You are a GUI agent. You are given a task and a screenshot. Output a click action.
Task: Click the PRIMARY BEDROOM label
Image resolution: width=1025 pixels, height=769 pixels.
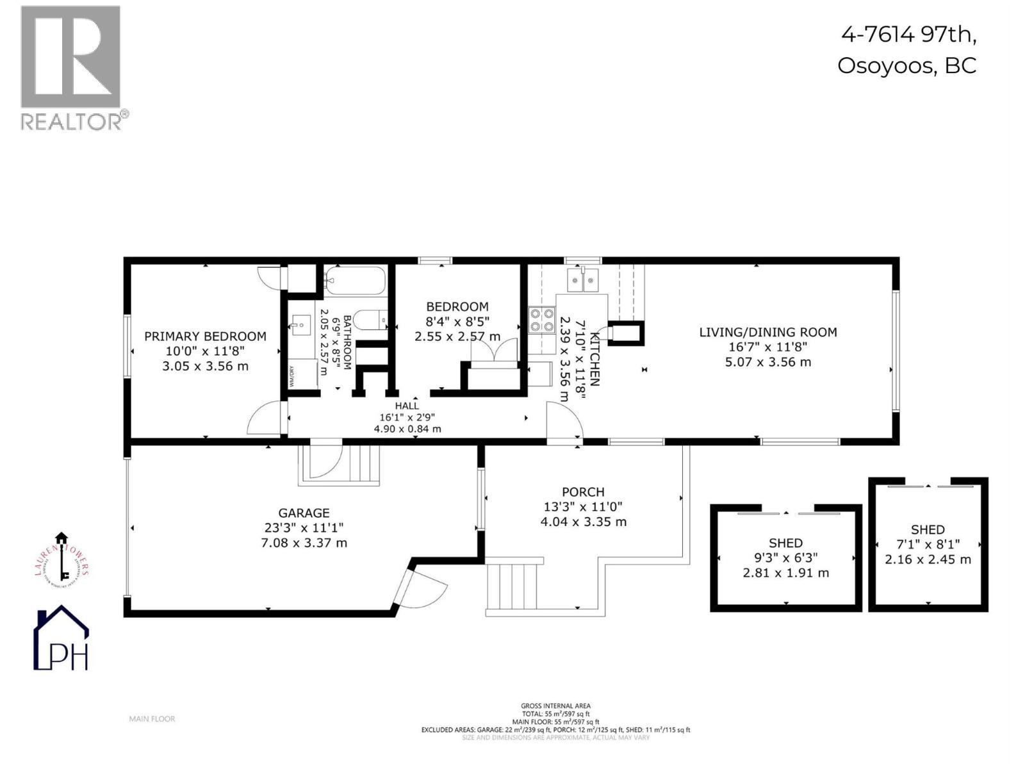click(205, 336)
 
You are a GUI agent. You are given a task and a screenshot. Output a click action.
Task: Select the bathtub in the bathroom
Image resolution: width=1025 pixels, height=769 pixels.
click(354, 280)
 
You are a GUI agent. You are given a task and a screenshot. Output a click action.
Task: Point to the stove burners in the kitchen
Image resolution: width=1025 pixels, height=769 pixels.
click(541, 320)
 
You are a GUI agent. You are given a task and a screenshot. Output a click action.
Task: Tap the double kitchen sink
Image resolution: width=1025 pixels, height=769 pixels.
click(582, 280)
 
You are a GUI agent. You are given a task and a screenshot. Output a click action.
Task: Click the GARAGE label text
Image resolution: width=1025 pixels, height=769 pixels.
click(304, 513)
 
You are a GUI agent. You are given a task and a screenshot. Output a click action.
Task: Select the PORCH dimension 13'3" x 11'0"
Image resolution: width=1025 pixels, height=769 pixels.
click(582, 507)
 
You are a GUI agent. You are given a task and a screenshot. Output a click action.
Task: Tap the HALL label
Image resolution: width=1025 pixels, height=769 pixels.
click(407, 406)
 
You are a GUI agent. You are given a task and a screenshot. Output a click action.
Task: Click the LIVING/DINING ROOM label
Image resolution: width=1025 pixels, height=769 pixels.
click(767, 332)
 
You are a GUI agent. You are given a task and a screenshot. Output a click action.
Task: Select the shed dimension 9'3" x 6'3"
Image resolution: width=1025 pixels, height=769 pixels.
click(785, 558)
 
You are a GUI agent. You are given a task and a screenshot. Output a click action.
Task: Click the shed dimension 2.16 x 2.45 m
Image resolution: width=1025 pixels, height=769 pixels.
click(928, 559)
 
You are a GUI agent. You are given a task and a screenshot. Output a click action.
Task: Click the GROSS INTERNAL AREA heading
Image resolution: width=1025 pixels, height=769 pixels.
click(555, 706)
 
